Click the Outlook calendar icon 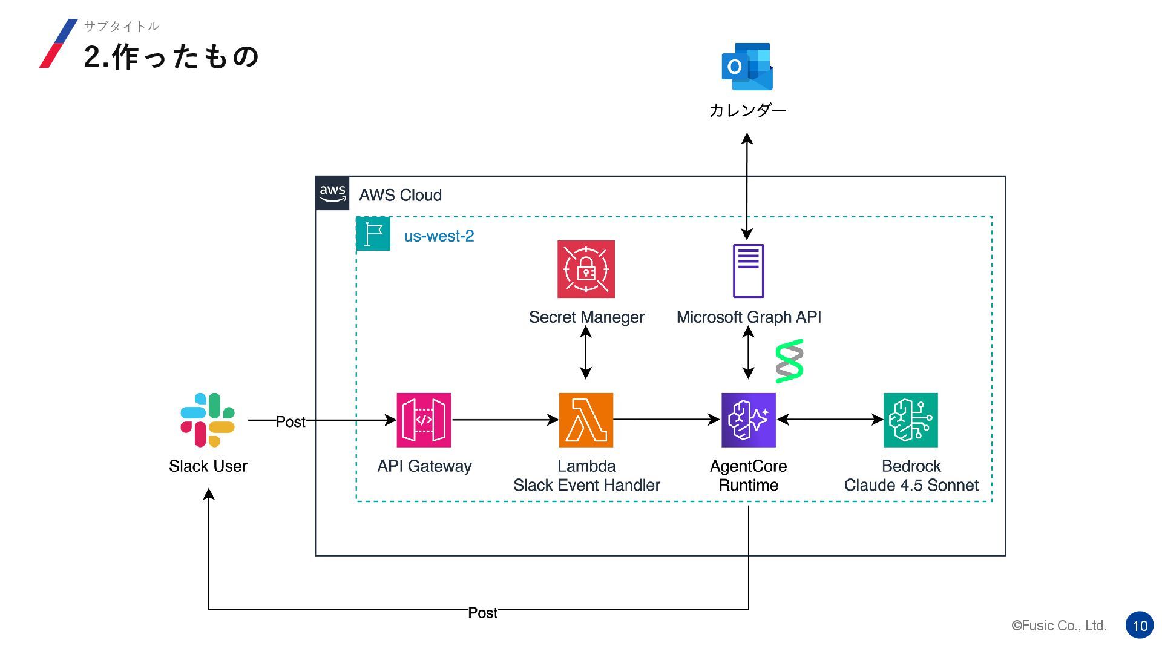tap(747, 67)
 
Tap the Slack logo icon tap(208, 420)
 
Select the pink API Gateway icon tap(424, 420)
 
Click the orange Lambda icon tap(586, 420)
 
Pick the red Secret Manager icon tap(586, 269)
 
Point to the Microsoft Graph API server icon tap(748, 271)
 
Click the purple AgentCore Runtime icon tap(748, 420)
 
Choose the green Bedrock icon tap(910, 420)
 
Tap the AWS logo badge tap(332, 193)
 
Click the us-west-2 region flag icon tap(373, 234)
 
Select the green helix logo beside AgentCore tap(789, 362)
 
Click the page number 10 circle tap(1140, 626)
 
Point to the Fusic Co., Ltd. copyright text tap(1059, 626)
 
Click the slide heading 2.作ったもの tap(171, 57)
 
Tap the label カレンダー tap(747, 110)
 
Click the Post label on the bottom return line tap(482, 613)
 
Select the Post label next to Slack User tap(290, 421)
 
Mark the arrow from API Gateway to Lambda tap(505, 419)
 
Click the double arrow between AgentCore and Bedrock tap(830, 419)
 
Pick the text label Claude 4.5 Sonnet tap(911, 485)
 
